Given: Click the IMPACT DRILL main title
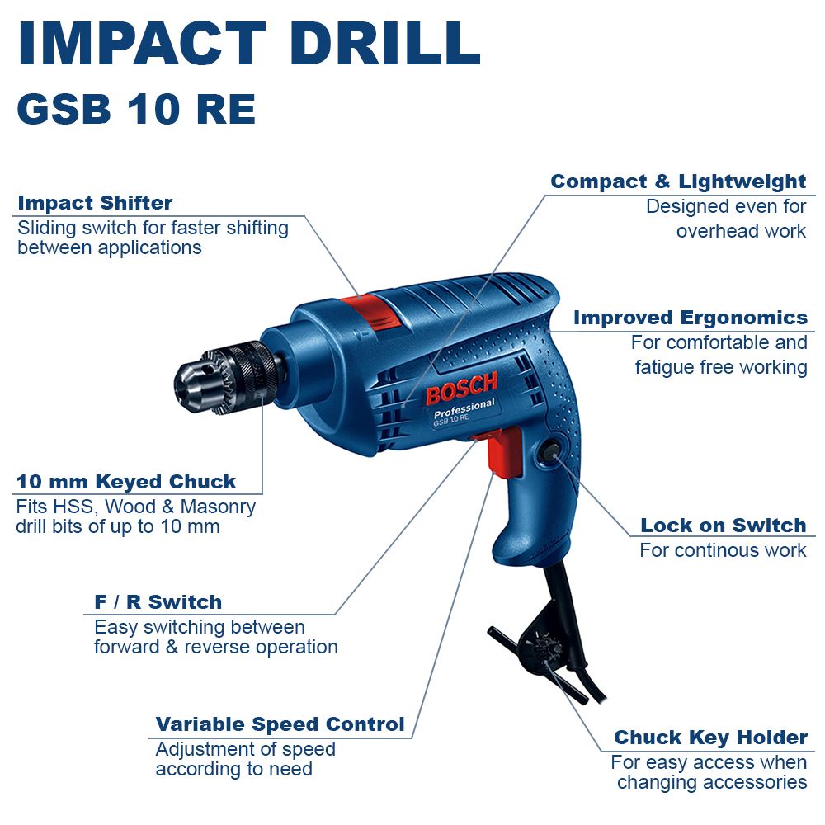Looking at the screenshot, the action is click(x=249, y=44).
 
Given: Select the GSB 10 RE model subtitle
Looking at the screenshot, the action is click(x=136, y=109).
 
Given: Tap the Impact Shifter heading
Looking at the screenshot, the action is click(x=95, y=203).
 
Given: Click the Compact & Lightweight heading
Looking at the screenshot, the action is click(x=678, y=181).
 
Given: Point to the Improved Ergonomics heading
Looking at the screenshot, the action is click(x=691, y=318).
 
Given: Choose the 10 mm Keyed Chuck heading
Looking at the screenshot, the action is click(x=126, y=482).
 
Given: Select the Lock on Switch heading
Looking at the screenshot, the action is click(x=724, y=525).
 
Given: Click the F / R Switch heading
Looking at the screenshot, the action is click(x=158, y=602).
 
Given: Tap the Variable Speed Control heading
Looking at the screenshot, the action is click(x=280, y=724).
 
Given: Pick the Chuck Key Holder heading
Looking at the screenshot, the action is click(x=711, y=738).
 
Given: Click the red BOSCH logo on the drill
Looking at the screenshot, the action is click(x=461, y=389).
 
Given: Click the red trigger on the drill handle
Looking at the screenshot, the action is click(x=501, y=452).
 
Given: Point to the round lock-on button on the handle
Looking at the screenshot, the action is click(x=549, y=450).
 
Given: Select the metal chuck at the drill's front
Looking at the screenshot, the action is click(x=226, y=378).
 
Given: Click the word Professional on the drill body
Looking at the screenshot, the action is click(x=464, y=408).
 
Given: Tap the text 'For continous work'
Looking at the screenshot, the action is click(x=723, y=550).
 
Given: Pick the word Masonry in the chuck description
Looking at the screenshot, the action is click(x=218, y=507).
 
